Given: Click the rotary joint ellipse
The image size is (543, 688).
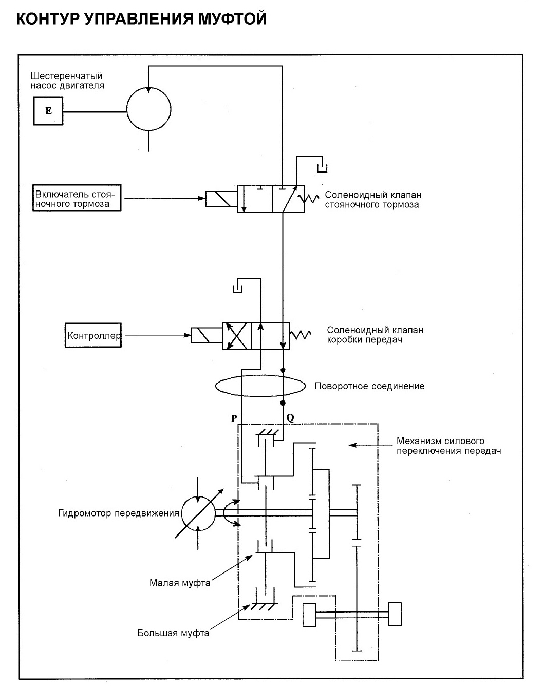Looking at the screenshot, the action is coord(215,386).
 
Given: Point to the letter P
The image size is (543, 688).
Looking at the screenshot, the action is coord(234,418).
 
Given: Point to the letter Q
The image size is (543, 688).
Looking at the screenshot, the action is coord(290,418).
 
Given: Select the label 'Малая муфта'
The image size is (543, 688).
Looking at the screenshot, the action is coord(180,583).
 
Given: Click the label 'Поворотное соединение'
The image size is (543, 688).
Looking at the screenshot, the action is coord(369,386).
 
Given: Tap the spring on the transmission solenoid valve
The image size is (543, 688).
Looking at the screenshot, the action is coord(301,335).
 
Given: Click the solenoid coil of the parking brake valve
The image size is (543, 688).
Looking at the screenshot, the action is coord(221,199).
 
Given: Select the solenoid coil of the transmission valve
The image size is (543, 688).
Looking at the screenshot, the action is coord(207,335).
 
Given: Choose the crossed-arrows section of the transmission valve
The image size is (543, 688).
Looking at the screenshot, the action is coord(237,336).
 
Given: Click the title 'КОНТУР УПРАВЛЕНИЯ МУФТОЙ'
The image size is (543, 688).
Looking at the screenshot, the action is coord(141,18).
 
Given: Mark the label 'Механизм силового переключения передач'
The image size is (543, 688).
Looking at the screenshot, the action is coord(448,446).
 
